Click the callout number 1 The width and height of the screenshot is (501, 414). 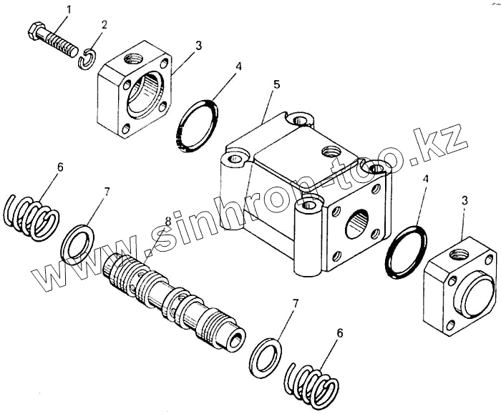click(x=69, y=9)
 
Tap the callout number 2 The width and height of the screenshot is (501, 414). click(x=104, y=25)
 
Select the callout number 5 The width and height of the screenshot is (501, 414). click(x=276, y=84)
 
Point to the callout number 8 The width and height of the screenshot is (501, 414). click(x=168, y=222)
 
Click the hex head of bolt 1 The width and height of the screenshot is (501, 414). click(x=35, y=33)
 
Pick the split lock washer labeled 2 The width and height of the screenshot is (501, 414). click(x=87, y=59)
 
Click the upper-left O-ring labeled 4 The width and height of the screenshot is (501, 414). click(x=198, y=126)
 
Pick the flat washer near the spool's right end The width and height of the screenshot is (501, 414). click(x=266, y=355)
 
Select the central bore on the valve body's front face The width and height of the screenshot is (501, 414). click(x=356, y=223)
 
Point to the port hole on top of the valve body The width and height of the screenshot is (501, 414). click(x=330, y=152)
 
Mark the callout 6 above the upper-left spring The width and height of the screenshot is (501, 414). click(x=60, y=167)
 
